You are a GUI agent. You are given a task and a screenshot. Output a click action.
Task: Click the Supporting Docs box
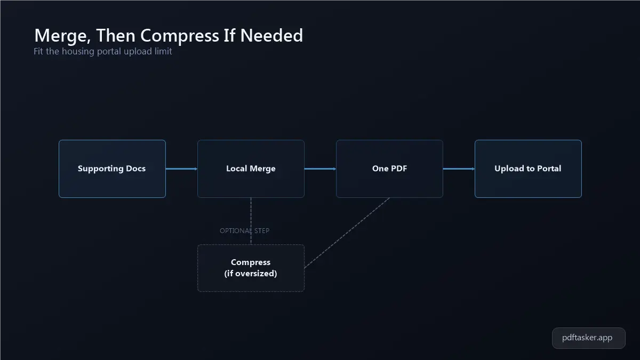[112, 169]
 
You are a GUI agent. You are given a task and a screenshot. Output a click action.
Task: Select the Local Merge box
[251, 169]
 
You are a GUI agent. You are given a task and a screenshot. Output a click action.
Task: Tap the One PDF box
[389, 169]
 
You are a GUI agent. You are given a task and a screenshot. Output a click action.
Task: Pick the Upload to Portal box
[528, 169]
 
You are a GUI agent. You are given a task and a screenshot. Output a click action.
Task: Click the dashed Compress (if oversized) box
[251, 268]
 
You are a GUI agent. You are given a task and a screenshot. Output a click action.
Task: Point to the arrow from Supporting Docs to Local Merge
[181, 169]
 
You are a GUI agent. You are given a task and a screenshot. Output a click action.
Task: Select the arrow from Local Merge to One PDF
[321, 169]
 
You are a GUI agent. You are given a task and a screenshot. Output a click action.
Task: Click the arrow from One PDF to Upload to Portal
[459, 169]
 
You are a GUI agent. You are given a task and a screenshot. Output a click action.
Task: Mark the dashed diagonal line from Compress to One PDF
[347, 233]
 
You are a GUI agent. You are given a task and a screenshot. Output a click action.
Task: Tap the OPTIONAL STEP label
[245, 230]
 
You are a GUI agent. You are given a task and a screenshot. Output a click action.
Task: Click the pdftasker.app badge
[589, 338]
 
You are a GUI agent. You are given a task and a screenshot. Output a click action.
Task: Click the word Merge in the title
[62, 35]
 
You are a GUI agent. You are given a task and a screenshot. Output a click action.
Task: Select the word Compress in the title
[179, 36]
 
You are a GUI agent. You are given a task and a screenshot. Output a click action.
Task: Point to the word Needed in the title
[271, 35]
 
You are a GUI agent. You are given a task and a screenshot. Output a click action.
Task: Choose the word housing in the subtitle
[78, 51]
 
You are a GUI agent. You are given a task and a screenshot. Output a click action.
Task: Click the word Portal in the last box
[549, 169]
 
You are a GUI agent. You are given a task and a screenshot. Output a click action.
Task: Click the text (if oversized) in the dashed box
[251, 274]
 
